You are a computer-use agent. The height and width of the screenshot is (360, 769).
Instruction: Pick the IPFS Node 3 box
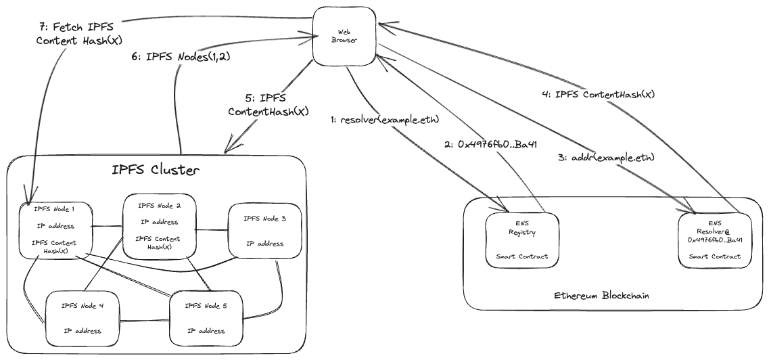264,231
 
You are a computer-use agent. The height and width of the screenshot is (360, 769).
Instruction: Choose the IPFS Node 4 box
83,316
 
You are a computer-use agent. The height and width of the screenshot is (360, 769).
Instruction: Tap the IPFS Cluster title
156,169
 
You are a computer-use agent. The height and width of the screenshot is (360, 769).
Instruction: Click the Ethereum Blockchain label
593,296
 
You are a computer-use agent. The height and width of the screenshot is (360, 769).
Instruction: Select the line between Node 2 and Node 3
211,229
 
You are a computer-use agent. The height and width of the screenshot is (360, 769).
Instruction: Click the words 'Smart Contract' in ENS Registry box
523,256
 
